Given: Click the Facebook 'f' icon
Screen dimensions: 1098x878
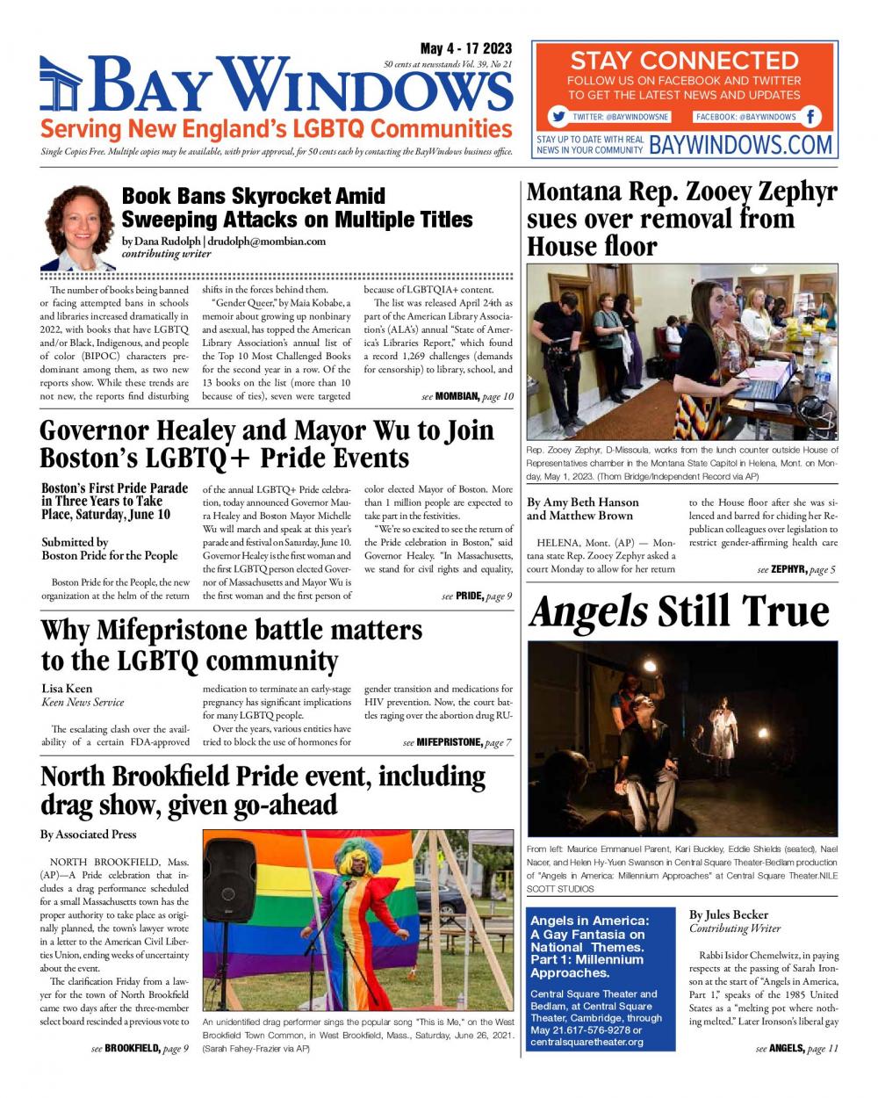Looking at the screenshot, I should pos(811,117).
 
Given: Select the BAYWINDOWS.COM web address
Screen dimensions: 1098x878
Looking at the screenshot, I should pos(740,144).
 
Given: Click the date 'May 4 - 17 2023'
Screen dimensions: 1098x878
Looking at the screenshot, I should pos(465,48).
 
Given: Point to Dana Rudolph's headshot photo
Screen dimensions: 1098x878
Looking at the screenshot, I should pos(79,227).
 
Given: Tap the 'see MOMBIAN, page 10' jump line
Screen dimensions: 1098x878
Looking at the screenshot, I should pos(467,396).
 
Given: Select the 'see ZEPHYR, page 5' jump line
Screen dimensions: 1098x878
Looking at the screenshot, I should pos(795,570).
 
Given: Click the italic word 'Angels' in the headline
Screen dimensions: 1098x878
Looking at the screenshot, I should pos(588,611).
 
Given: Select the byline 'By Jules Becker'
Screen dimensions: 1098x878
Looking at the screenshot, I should pos(728,914).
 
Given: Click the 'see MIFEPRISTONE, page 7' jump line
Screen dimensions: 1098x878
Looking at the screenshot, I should pos(457,742).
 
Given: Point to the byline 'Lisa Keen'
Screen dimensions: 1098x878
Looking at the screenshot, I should pos(67,688).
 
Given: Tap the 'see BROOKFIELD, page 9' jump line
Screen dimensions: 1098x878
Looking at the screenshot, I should pos(140,1048).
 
